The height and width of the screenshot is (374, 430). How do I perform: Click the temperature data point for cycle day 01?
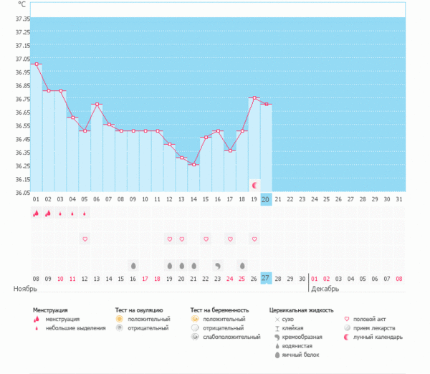coord(36,64)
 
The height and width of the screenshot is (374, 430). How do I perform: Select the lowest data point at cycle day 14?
coord(193,164)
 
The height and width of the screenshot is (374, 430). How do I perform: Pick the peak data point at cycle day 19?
coord(254,97)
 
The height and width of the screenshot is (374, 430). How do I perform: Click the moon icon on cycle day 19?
coord(254,185)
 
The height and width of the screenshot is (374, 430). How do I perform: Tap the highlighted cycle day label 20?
coord(266,199)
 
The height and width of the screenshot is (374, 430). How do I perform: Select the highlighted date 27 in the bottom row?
coord(266,278)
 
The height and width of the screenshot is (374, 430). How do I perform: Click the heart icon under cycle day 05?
coord(85,239)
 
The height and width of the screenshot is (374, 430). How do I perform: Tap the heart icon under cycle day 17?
coord(230,239)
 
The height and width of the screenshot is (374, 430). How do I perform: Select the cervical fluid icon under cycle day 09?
coord(133,265)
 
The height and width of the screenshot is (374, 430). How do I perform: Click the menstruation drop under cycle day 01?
coord(36,213)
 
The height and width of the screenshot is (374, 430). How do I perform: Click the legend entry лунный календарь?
coord(377,337)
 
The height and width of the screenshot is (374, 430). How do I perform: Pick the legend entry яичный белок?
coord(296,355)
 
